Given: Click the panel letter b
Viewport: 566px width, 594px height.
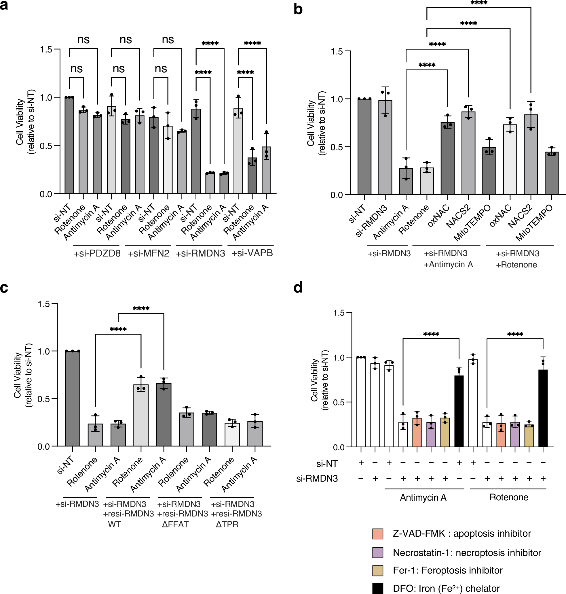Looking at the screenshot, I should point(298,10).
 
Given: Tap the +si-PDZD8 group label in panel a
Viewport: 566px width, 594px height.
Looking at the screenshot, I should point(97,253).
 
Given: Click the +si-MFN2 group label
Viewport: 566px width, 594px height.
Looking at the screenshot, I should point(149,253).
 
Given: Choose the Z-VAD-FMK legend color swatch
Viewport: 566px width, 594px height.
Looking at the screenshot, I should point(378,533).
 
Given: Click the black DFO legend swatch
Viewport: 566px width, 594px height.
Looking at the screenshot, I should point(378,588).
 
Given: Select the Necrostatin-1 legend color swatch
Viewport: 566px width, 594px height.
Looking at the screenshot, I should point(378,552).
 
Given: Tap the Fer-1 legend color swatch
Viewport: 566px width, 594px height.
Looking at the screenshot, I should point(378,570).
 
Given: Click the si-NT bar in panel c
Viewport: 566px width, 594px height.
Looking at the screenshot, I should point(73,398).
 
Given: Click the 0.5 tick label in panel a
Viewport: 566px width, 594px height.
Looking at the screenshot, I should point(46,146).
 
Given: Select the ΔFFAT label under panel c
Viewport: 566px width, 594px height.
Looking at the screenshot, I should point(175,524).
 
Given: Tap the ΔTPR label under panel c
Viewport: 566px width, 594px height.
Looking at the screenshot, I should point(227,524).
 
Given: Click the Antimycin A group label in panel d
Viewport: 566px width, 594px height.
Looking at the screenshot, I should point(423,497).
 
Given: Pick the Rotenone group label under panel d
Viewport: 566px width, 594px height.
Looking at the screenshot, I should point(509,497).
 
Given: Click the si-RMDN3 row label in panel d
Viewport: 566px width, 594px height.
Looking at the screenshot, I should point(317,479).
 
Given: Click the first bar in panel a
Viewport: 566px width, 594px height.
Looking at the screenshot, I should point(69,145).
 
